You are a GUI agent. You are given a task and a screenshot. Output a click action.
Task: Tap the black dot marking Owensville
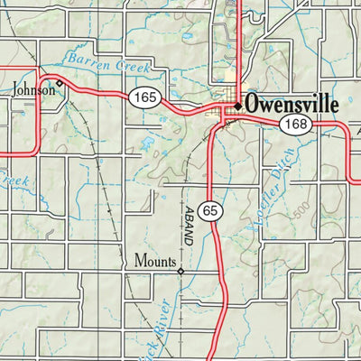pos(237,106)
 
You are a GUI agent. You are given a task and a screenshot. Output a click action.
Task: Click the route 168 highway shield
pos(293,125)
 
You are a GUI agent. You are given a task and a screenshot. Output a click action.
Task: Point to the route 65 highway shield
pos(210,210)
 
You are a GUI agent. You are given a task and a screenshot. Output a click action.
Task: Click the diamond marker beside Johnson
pos(60,83)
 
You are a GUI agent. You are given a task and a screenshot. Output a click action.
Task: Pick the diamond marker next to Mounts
pos(180,270)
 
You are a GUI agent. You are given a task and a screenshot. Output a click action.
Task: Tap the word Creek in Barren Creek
pos(132,67)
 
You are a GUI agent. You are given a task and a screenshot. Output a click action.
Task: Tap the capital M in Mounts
pos(139,263)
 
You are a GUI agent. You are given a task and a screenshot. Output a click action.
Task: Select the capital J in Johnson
pos(15,89)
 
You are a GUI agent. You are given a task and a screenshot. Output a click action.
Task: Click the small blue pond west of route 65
pos(147,143)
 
